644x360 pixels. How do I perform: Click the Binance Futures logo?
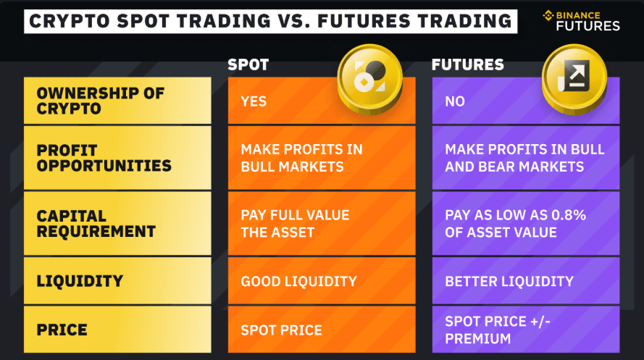580,20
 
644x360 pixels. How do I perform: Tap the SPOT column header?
248,64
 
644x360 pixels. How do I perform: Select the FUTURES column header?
467,64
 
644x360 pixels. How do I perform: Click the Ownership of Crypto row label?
101,101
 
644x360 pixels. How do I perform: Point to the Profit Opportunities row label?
104,157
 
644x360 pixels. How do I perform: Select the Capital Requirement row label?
96,223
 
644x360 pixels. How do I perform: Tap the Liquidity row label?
80,281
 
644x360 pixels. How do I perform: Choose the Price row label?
62,330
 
